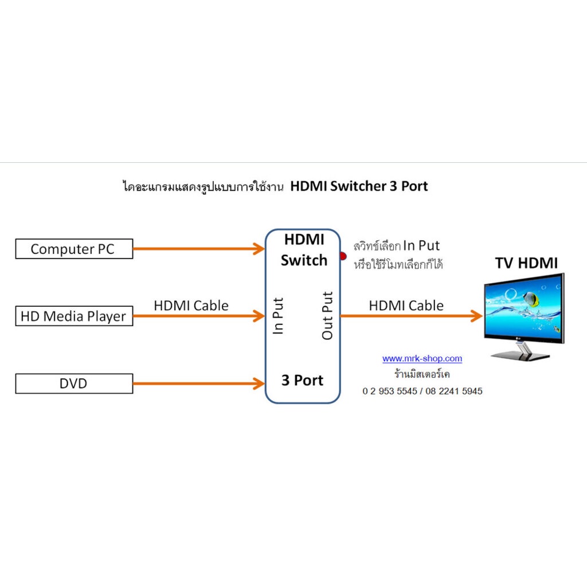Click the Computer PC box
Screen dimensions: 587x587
click(74, 249)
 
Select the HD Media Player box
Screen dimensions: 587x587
click(74, 316)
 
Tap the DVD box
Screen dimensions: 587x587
click(74, 383)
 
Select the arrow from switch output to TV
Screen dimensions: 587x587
click(410, 315)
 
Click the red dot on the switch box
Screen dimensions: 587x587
click(343, 256)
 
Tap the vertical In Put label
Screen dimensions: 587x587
click(279, 316)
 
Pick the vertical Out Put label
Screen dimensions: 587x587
click(327, 316)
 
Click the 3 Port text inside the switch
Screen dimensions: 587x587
click(302, 380)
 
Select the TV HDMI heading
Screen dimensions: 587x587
click(526, 263)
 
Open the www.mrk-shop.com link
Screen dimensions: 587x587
click(422, 359)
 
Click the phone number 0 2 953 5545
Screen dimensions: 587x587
click(390, 391)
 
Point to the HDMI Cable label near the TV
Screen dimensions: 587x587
click(406, 306)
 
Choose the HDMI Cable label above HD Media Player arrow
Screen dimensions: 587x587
click(191, 306)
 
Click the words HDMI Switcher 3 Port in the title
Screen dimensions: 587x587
click(359, 186)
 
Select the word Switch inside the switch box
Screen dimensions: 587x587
click(304, 260)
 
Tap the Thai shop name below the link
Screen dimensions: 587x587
click(421, 375)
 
